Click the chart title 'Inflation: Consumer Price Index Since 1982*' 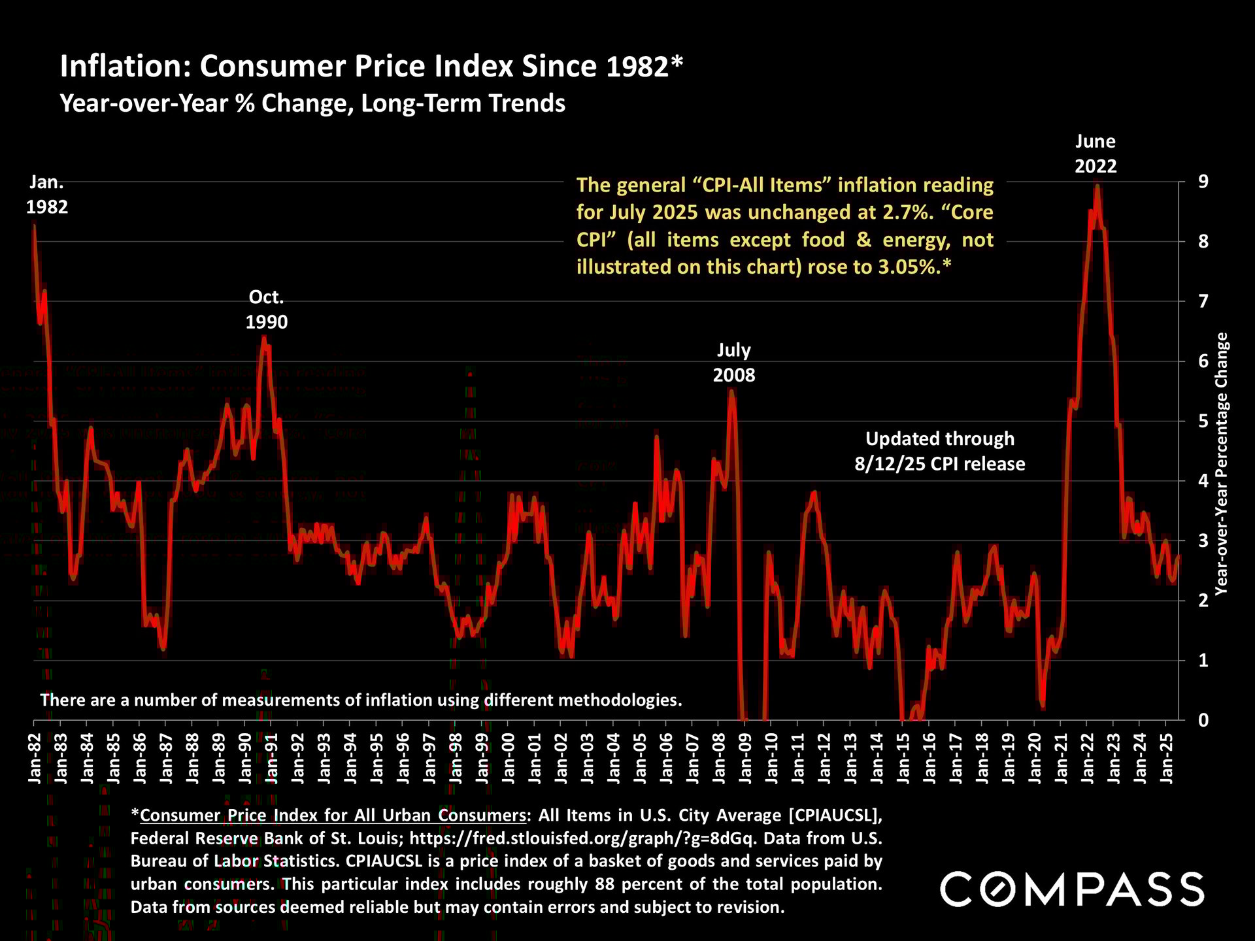tap(371, 67)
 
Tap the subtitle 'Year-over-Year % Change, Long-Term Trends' tap(312, 104)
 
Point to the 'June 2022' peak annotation tap(1096, 154)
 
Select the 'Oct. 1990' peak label tap(267, 309)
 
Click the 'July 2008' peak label tap(733, 363)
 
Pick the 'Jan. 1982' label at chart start tap(47, 195)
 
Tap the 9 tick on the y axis tap(1203, 182)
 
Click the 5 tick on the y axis tap(1203, 421)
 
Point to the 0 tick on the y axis tap(1203, 720)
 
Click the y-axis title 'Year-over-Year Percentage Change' tap(1221, 464)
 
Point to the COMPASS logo tap(1072, 889)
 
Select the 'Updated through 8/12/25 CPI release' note tap(940, 451)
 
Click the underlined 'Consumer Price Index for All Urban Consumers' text tap(333, 816)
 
